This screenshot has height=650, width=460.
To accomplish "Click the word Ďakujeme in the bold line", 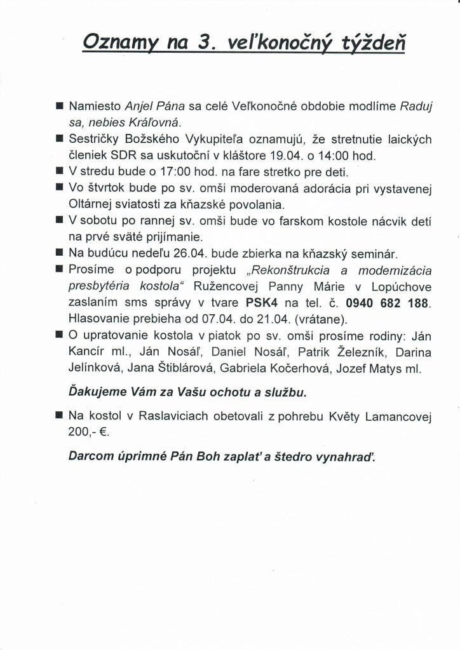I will coord(95,391).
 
